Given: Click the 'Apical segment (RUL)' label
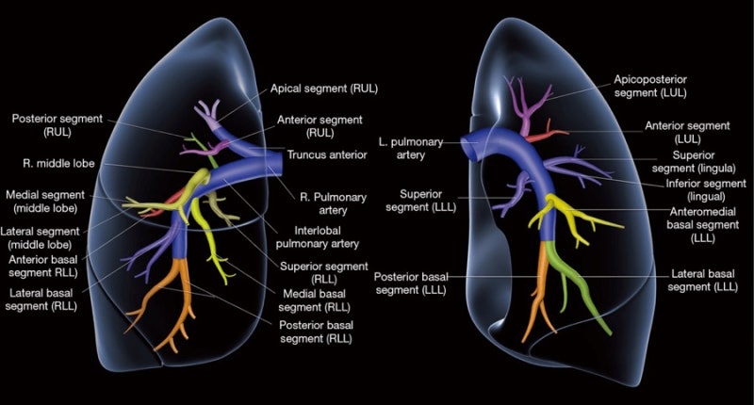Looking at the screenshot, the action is click(x=323, y=89).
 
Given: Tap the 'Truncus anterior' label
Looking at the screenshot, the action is click(x=327, y=154).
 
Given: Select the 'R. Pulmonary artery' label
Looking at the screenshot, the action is click(x=333, y=203).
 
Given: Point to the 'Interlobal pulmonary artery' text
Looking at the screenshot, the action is click(x=318, y=237).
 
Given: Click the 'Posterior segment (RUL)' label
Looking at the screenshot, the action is click(x=57, y=125).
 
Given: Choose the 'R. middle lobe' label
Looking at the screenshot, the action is click(x=58, y=163).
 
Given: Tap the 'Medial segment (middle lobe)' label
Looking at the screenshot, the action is click(x=45, y=202).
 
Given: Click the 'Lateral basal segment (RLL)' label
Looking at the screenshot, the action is click(x=41, y=300).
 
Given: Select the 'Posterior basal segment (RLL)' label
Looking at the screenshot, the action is click(x=316, y=332).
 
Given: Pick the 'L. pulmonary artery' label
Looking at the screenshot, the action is click(x=411, y=149).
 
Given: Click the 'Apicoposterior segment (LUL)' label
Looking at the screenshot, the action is click(x=650, y=86).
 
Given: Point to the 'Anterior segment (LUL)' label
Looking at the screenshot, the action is click(x=687, y=132).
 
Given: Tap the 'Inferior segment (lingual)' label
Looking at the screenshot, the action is click(x=706, y=189).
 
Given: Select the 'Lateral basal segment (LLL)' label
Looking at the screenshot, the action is click(x=702, y=280).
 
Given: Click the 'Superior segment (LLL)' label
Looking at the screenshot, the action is click(x=420, y=201).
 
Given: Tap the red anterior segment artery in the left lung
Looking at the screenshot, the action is click(x=546, y=134).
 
